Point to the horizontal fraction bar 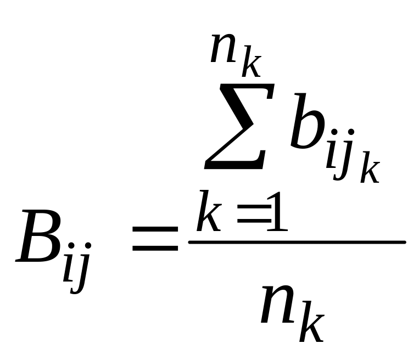tap(297, 241)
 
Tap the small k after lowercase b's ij tap(370, 170)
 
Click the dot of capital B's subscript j tap(86, 246)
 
